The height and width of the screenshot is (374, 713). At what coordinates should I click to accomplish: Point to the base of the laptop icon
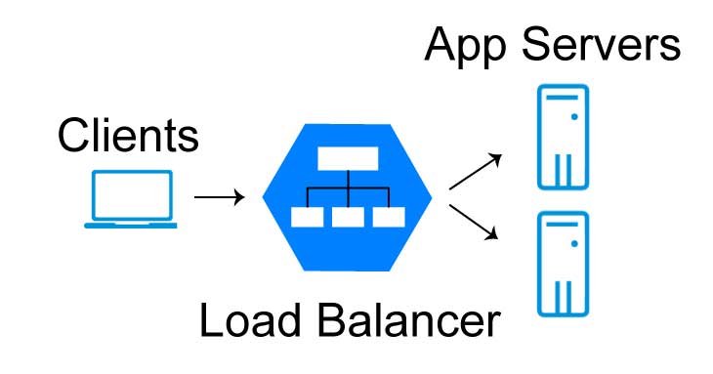pyautogui.click(x=131, y=226)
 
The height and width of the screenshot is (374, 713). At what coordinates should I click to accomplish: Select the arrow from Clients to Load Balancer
pyautogui.click(x=220, y=197)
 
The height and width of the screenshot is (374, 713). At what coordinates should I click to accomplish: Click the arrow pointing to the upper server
pyautogui.click(x=477, y=170)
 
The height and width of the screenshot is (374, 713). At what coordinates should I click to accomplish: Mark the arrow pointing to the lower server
pyautogui.click(x=477, y=221)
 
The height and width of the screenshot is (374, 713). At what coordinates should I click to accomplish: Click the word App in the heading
pyautogui.click(x=468, y=45)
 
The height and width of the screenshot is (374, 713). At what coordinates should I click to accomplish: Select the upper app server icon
pyautogui.click(x=563, y=136)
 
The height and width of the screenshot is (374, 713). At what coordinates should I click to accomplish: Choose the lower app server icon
pyautogui.click(x=563, y=263)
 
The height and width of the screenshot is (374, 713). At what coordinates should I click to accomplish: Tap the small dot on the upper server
pyautogui.click(x=575, y=115)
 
